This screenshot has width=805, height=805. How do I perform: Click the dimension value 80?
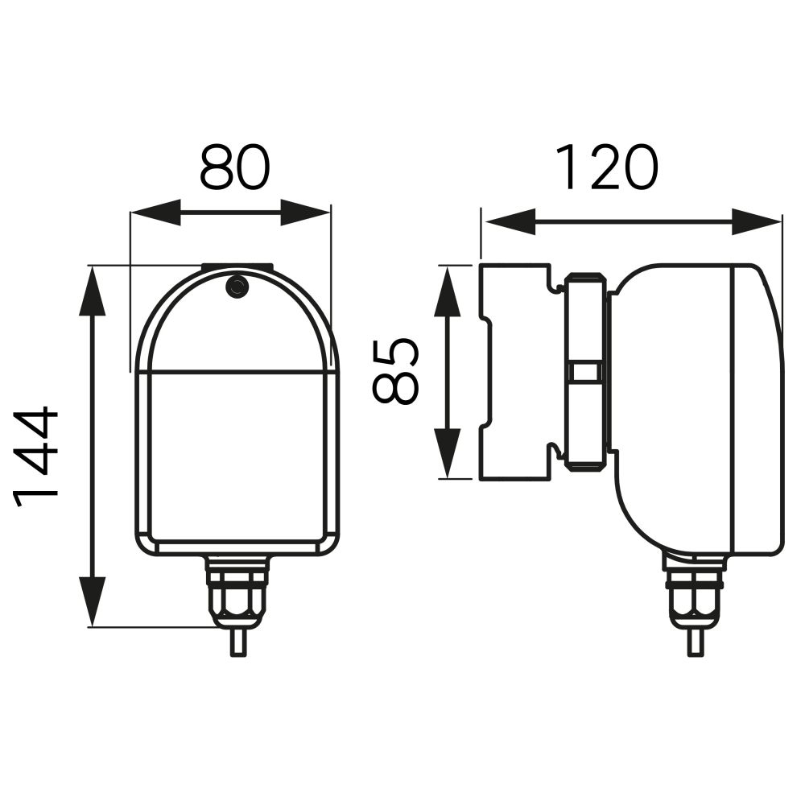(234, 167)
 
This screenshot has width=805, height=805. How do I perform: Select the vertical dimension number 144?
(37, 455)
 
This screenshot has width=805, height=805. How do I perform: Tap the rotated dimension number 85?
(396, 371)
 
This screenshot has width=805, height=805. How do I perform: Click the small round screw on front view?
(237, 287)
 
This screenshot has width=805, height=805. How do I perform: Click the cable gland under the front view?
(237, 592)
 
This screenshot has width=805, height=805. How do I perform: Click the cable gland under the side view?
(693, 592)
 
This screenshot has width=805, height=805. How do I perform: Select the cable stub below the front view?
(237, 642)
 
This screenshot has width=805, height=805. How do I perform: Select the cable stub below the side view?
(693, 642)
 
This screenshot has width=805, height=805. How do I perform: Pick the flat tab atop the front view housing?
(237, 266)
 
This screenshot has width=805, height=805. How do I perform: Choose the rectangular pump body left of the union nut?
(515, 371)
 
